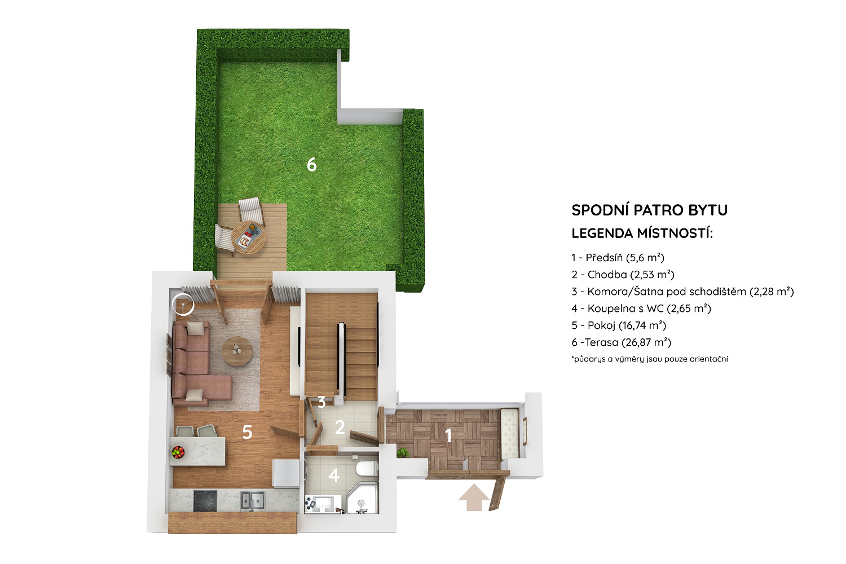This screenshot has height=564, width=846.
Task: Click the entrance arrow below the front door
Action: click(x=474, y=498)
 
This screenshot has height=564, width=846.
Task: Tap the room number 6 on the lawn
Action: click(x=311, y=165)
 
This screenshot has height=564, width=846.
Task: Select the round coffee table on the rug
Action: click(x=237, y=351)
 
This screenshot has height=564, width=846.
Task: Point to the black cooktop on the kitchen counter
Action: click(x=205, y=501)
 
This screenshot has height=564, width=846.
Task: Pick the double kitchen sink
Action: click(x=253, y=500)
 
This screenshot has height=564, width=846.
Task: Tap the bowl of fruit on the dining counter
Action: click(x=178, y=452)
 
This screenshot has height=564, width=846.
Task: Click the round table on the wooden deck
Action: click(x=248, y=237)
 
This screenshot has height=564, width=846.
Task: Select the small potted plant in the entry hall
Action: click(x=403, y=452)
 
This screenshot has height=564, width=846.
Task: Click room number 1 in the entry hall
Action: click(x=449, y=436)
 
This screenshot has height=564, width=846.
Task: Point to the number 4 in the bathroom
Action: click(x=334, y=475)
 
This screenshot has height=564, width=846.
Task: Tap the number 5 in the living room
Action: click(x=248, y=432)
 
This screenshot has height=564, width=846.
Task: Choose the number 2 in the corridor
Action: click(x=340, y=428)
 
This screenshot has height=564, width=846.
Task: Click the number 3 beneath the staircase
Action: click(x=321, y=402)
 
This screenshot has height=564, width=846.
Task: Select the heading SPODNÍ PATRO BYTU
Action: click(x=650, y=210)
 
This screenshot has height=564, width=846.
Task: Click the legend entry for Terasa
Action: click(x=622, y=343)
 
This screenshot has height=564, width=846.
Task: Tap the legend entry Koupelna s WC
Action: click(x=641, y=309)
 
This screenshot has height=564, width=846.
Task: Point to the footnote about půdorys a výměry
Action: click(x=650, y=359)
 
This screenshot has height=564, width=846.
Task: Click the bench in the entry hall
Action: click(x=510, y=434)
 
